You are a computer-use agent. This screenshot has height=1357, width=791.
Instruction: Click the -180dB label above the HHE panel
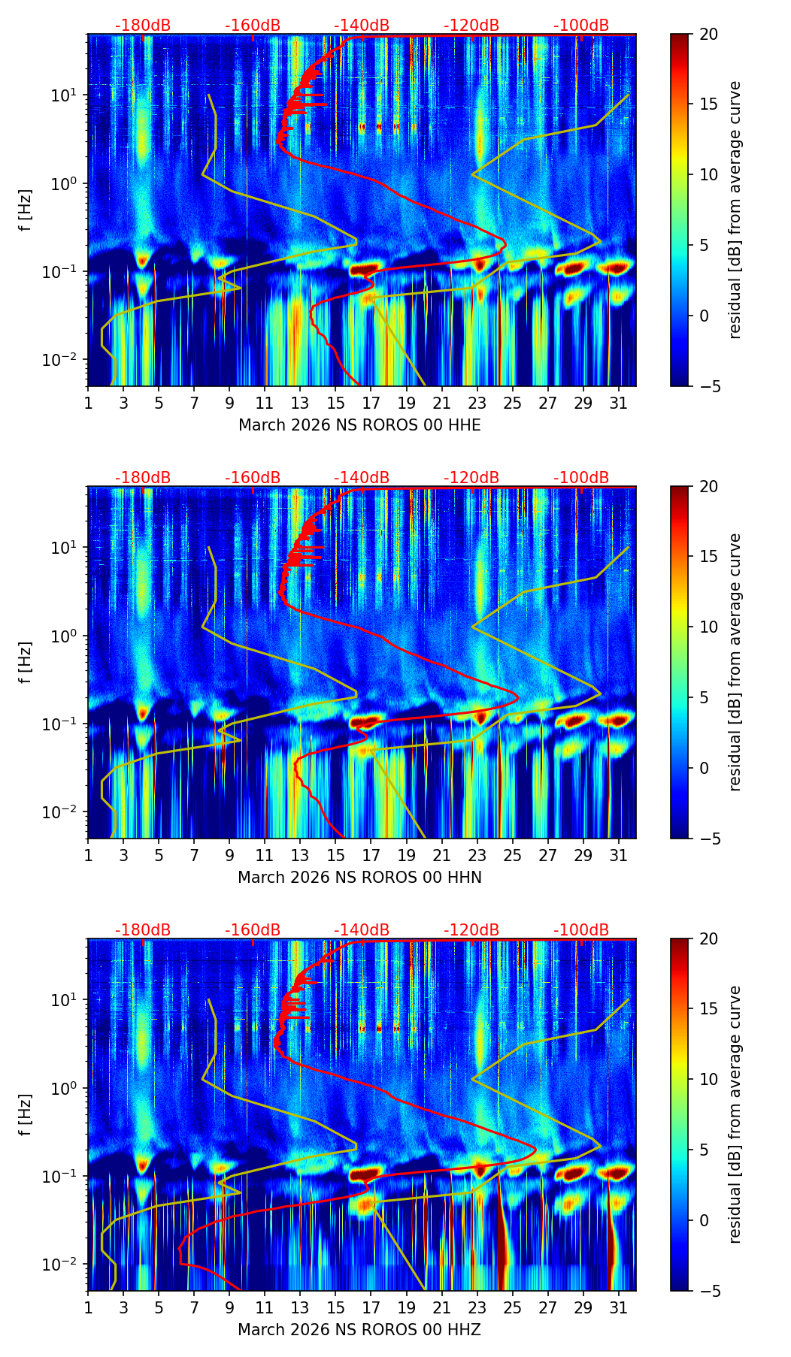point(143,26)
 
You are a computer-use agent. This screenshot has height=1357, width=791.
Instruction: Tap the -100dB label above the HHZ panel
point(581,930)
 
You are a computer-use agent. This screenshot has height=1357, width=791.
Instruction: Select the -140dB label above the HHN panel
point(362,478)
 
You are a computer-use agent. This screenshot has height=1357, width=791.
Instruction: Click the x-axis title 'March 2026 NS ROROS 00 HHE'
point(359,425)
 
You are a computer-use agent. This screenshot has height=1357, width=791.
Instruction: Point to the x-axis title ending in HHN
point(359,878)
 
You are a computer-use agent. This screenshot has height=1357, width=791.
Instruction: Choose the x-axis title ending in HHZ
point(359,1330)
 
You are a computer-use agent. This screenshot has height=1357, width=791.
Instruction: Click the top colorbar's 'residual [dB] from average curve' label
point(735,210)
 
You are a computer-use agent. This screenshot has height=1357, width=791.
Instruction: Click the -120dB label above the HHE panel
point(471,26)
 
